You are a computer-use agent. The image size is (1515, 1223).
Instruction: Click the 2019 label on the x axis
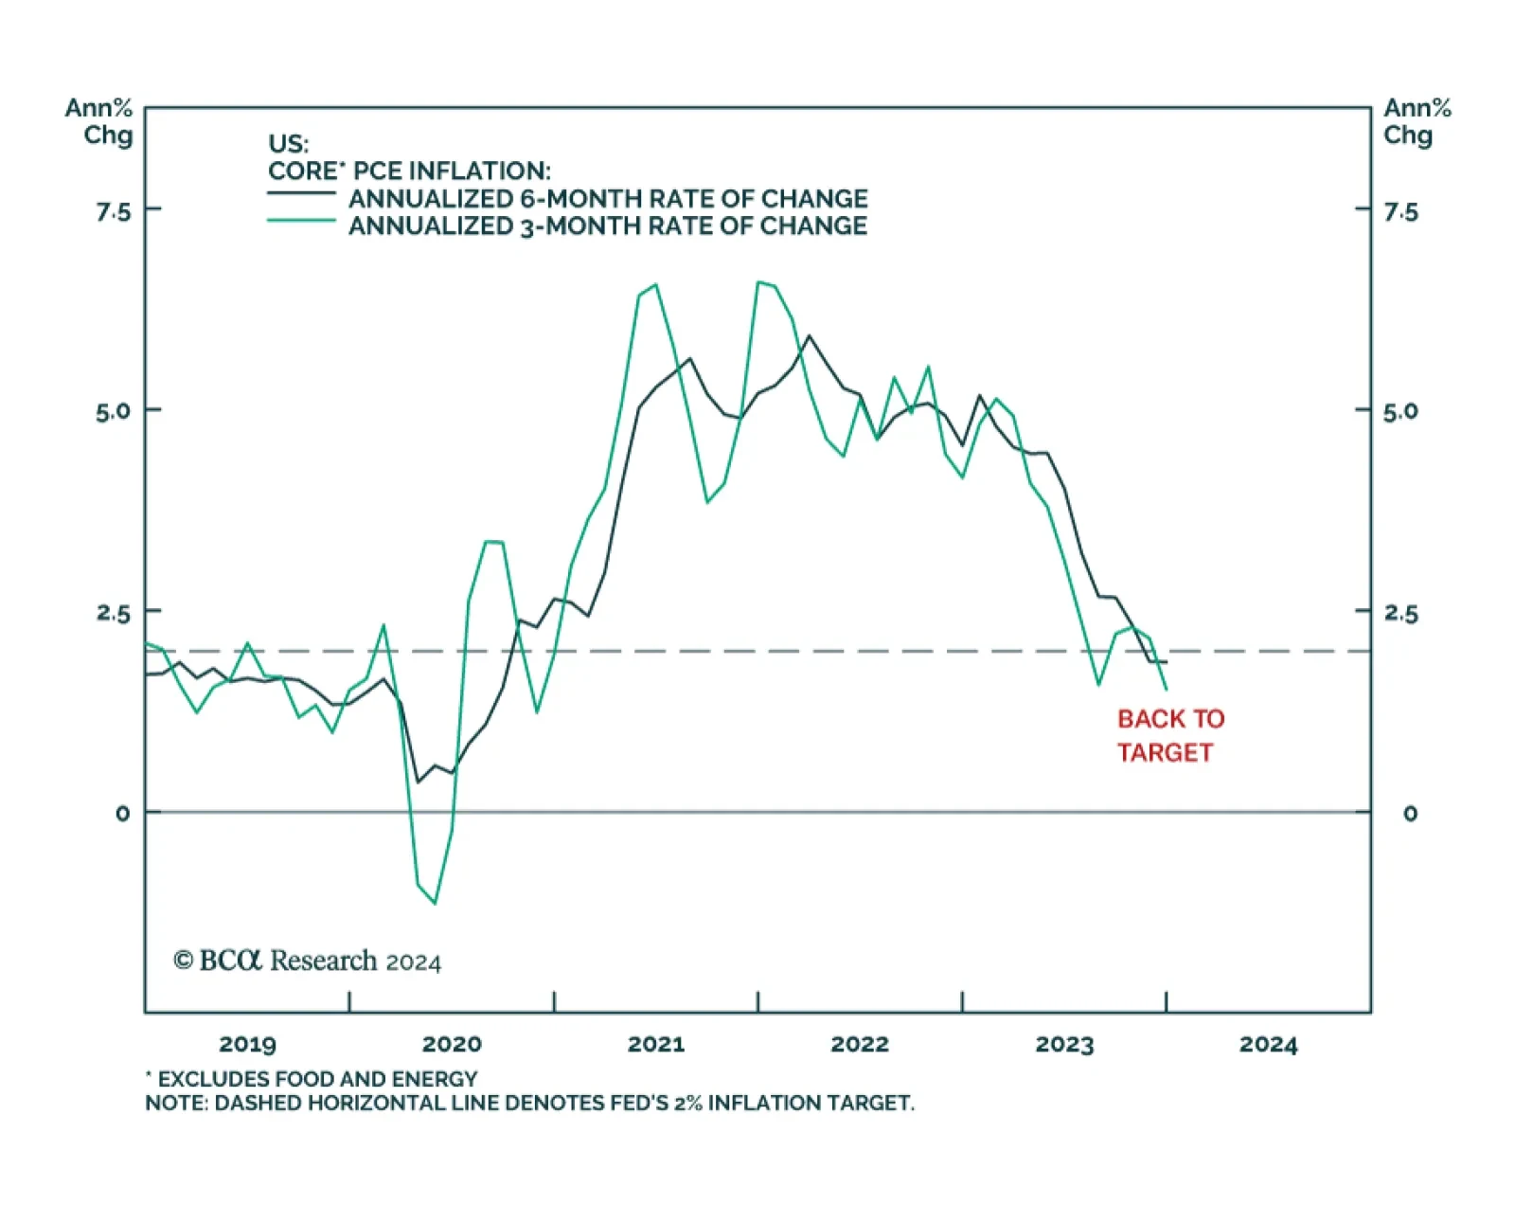click(x=247, y=1044)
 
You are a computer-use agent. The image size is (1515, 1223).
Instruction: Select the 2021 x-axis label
click(x=655, y=1044)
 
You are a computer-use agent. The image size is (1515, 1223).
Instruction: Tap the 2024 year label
click(x=1268, y=1044)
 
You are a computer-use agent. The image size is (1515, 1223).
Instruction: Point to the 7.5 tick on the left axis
click(x=113, y=211)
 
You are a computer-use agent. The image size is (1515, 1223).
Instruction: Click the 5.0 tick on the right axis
click(x=1400, y=412)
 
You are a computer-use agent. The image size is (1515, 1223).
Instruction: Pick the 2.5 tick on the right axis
click(x=1400, y=614)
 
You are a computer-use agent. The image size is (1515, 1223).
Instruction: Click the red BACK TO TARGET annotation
click(x=1169, y=735)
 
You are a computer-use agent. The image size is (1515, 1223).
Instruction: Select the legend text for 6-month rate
click(x=608, y=199)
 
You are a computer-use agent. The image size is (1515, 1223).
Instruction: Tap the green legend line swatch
click(x=301, y=221)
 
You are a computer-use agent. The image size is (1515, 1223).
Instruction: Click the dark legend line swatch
click(x=301, y=193)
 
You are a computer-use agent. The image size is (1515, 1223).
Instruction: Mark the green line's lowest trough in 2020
click(x=435, y=903)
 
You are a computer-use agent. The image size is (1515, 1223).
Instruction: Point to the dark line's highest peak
click(x=809, y=336)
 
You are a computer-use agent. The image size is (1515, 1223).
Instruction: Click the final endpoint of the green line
click(x=1167, y=689)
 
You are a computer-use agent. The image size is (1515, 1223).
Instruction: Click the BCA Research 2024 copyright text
click(x=307, y=961)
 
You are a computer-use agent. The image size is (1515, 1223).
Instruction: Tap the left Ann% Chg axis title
click(x=99, y=121)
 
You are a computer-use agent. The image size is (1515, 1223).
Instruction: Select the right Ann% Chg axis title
click(x=1417, y=121)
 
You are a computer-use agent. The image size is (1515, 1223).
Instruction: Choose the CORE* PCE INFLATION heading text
click(x=409, y=171)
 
